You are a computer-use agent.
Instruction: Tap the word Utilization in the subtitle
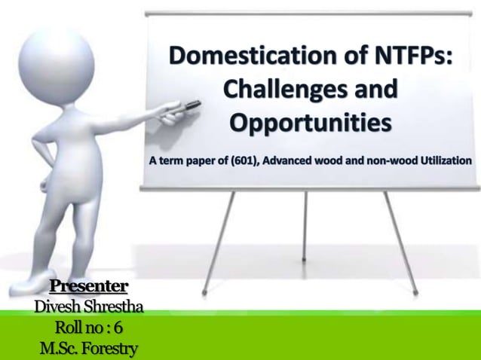point(443,160)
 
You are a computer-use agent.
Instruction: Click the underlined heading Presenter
point(88,287)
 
